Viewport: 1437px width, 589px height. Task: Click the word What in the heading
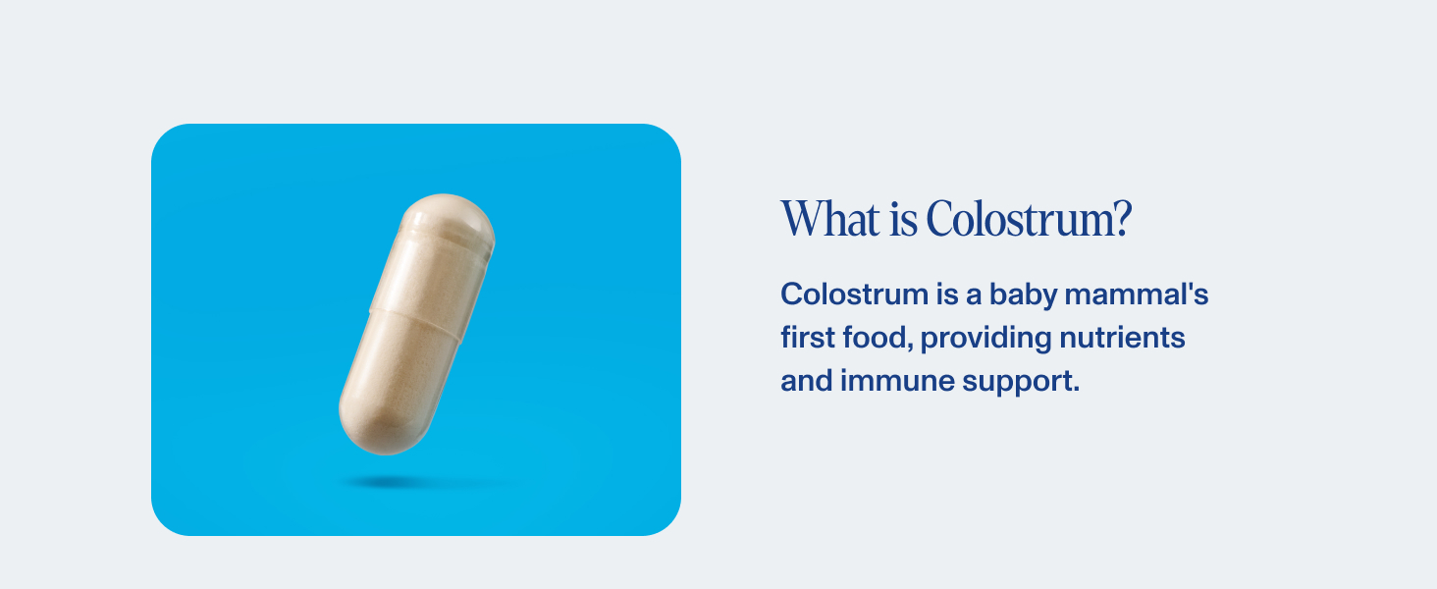coord(830,219)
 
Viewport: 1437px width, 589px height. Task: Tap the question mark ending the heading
coord(1121,219)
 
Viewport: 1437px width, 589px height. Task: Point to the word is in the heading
coord(904,219)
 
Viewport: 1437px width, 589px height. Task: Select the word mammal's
coord(1139,294)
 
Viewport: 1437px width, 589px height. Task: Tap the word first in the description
coord(803,339)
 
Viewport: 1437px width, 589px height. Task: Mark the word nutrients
coord(1123,339)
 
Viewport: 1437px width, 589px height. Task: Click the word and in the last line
coord(806,381)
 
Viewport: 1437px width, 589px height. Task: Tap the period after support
coord(1076,390)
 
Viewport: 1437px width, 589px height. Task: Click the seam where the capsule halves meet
coord(416,324)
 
